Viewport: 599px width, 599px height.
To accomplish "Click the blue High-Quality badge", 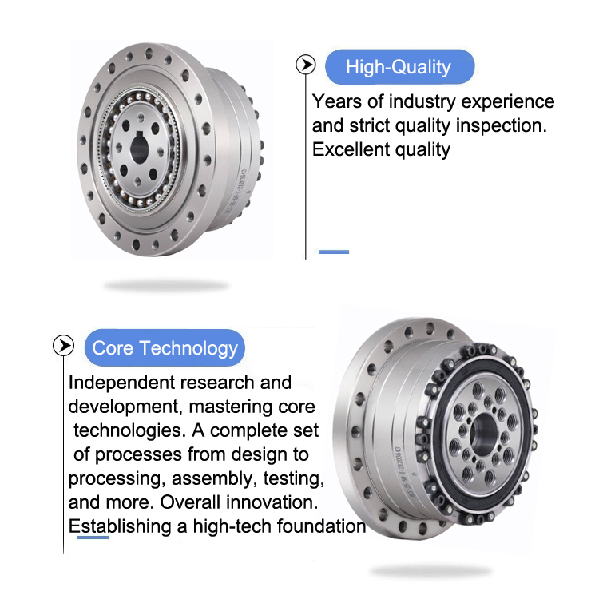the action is click(399, 67).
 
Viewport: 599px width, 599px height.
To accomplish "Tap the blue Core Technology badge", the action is click(165, 347).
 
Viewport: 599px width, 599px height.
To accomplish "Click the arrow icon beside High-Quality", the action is click(306, 65).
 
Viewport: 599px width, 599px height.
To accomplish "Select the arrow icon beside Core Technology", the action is click(63, 346).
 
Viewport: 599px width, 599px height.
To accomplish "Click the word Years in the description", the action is click(336, 101).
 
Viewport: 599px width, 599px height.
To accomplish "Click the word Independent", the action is click(121, 383).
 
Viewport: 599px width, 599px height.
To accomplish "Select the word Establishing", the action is click(120, 526).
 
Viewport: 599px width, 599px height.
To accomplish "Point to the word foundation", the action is click(321, 526).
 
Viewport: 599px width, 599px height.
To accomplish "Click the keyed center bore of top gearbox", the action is click(140, 149).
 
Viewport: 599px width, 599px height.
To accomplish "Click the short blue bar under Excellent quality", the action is click(334, 252).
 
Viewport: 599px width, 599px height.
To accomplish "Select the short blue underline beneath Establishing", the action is click(93, 538).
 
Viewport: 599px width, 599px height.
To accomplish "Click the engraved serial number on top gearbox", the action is click(237, 191).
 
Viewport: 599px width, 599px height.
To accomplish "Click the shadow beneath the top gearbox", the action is click(166, 285).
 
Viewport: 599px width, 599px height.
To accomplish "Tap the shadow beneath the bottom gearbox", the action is click(430, 572).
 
